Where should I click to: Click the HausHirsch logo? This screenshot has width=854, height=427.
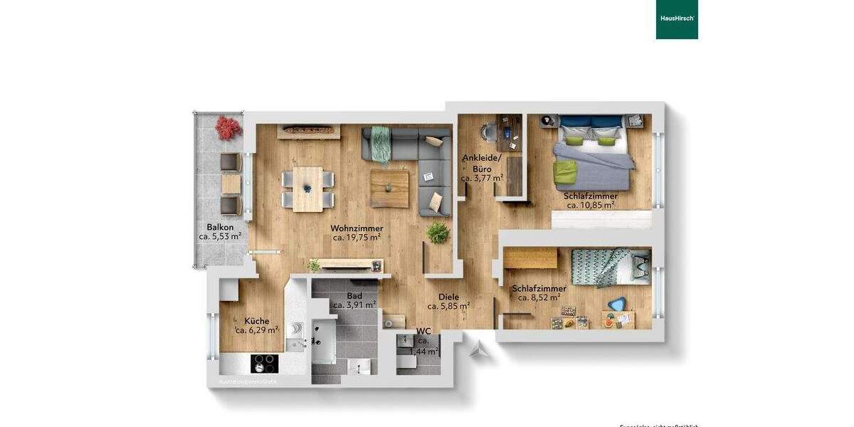676,19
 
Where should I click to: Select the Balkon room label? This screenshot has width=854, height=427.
220,227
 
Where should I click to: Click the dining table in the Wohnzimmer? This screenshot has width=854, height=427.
307,189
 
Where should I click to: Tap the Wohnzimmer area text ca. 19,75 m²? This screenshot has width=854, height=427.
357,238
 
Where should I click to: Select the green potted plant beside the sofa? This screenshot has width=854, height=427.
437,232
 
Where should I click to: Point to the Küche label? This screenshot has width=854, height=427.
256,321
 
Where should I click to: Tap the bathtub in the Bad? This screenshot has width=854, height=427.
324,342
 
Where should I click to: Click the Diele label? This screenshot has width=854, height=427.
448,297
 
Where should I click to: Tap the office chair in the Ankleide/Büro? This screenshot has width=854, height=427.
487,132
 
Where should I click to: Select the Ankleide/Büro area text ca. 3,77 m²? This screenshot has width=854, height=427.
482,179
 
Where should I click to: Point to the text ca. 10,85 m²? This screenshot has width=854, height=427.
591,205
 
